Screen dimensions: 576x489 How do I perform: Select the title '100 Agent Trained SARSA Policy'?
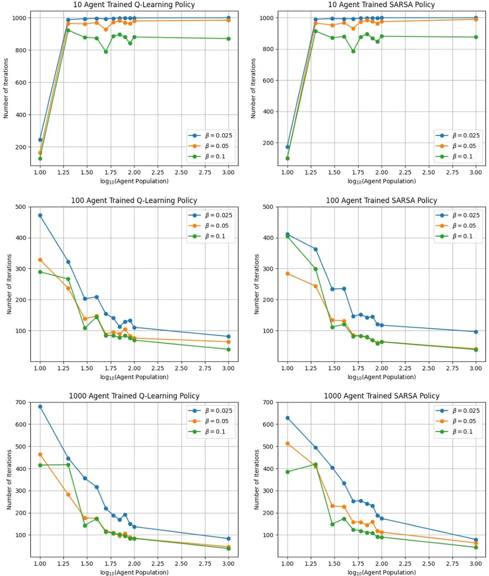click(x=382, y=200)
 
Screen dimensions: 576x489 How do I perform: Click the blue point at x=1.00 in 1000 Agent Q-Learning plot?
click(x=40, y=407)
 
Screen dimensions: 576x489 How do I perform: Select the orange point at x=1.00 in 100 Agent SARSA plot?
click(x=288, y=274)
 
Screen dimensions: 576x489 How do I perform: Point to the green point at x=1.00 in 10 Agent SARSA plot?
click(x=288, y=158)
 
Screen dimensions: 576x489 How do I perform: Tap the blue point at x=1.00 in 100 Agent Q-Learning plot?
click(x=40, y=216)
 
